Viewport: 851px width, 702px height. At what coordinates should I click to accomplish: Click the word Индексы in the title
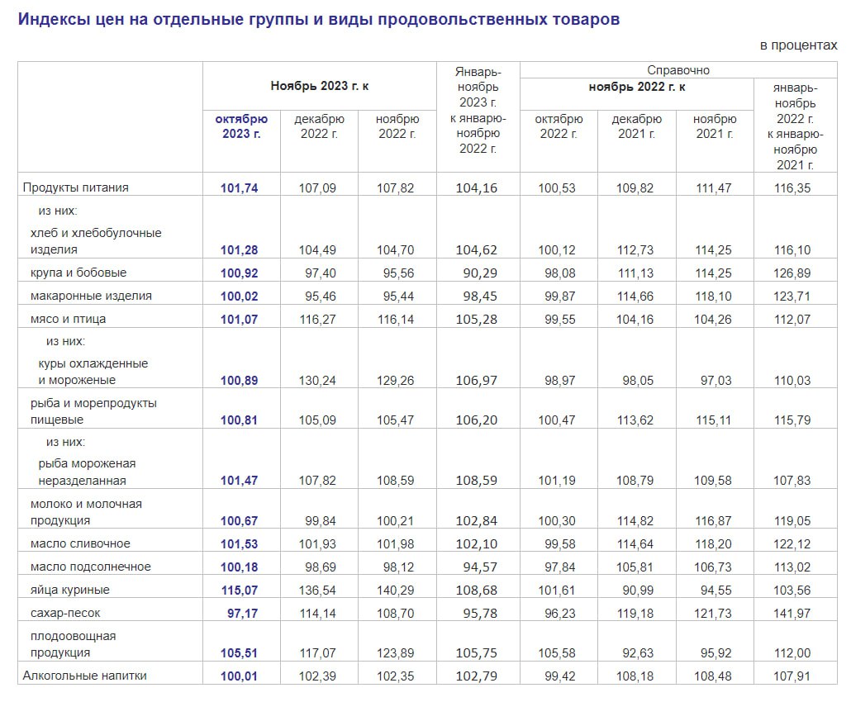click(51, 19)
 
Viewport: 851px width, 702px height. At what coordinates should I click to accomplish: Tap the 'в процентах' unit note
click(798, 45)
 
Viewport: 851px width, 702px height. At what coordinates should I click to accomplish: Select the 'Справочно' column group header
click(678, 70)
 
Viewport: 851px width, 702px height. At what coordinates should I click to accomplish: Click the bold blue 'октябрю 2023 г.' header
click(241, 126)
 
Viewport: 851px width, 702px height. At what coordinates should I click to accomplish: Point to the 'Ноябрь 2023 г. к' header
click(319, 86)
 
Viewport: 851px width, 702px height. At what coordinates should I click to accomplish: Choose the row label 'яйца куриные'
click(70, 590)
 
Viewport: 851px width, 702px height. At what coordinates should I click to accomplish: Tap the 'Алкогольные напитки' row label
click(85, 676)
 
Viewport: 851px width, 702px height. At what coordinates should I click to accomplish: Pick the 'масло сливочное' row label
click(80, 543)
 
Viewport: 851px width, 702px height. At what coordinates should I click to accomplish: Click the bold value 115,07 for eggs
click(240, 591)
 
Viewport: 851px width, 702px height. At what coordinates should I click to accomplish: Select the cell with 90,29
click(477, 273)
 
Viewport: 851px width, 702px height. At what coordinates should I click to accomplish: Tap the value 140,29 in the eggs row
click(396, 591)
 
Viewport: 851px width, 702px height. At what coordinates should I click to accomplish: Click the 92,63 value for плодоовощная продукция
click(635, 653)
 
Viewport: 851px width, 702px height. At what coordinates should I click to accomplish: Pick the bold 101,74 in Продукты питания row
click(240, 188)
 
